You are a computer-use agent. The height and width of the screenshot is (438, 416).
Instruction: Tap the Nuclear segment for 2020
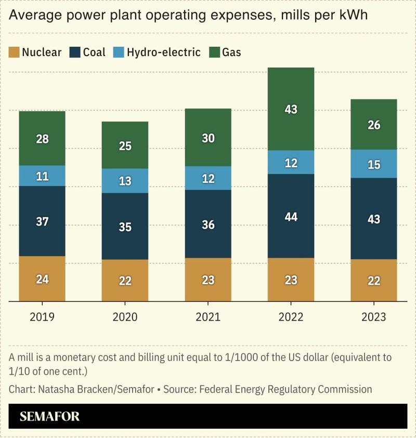click(x=125, y=281)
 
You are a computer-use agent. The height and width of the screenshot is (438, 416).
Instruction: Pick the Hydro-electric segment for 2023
click(x=373, y=164)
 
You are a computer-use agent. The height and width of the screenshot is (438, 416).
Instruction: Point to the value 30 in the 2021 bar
click(x=208, y=138)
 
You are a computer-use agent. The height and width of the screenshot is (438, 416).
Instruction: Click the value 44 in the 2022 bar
click(x=291, y=217)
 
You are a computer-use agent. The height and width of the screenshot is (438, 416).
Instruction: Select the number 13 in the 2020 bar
click(x=125, y=181)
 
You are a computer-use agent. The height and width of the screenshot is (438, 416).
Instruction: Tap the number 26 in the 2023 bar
click(x=373, y=125)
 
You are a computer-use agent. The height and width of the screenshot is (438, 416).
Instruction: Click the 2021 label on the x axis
click(x=208, y=317)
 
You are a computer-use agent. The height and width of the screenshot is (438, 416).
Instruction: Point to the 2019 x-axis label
click(x=42, y=317)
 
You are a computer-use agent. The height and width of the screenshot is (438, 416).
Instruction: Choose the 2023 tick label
click(x=373, y=317)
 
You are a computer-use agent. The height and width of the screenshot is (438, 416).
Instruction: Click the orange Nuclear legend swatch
click(x=15, y=52)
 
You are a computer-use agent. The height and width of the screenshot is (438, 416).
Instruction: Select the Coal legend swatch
click(x=75, y=52)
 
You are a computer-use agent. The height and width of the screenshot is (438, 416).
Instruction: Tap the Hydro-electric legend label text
click(x=163, y=52)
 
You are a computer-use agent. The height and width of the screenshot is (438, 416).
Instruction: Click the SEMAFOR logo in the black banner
click(x=49, y=417)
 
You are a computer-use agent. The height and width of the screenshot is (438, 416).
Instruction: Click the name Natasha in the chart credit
click(x=53, y=389)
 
